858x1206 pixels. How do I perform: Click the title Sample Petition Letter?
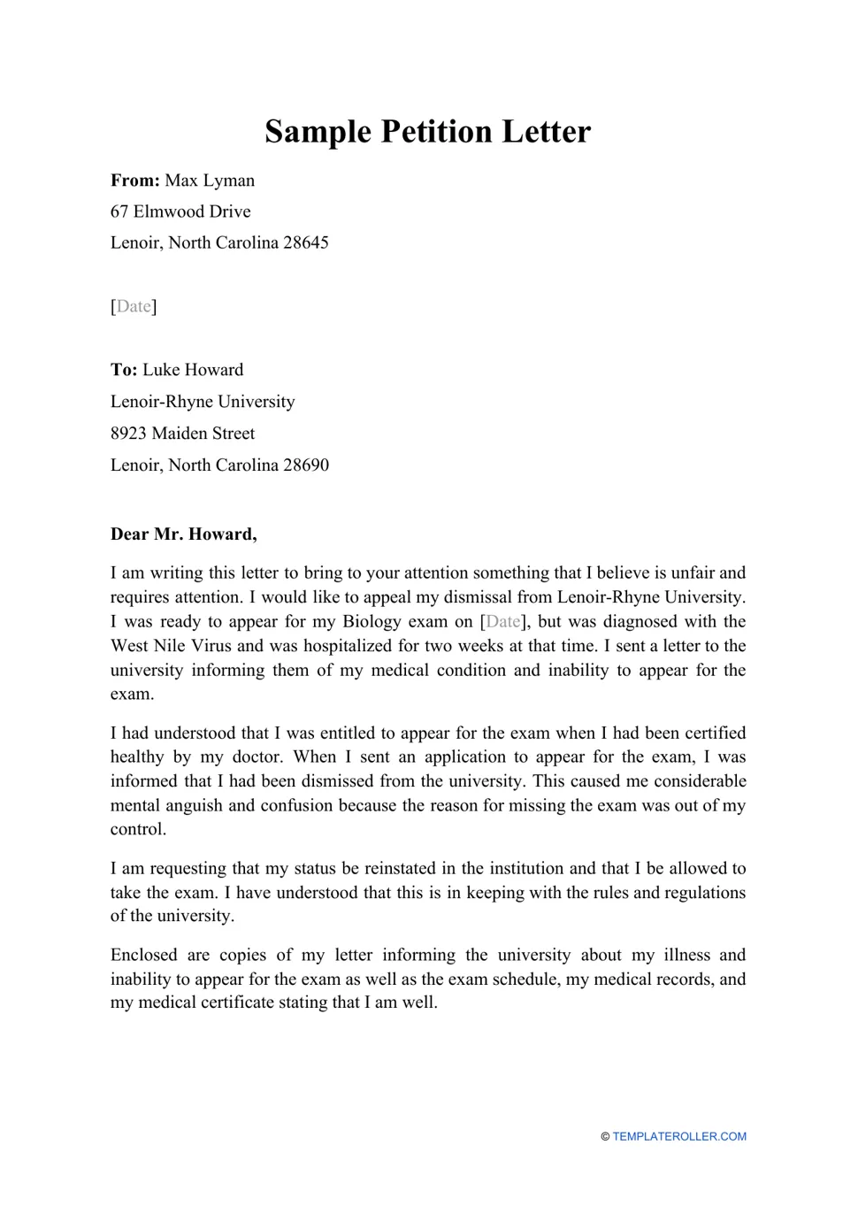click(x=427, y=131)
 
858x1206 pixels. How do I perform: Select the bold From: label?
click(x=134, y=181)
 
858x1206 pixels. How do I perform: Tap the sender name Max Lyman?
click(x=210, y=181)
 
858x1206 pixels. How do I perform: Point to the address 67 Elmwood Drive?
click(x=180, y=211)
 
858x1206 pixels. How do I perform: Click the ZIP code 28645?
click(x=305, y=242)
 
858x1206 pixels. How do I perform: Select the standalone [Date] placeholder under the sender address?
click(x=134, y=306)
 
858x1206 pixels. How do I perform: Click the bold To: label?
click(x=124, y=370)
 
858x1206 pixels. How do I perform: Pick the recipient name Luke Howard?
click(x=193, y=370)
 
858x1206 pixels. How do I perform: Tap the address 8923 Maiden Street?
click(x=182, y=434)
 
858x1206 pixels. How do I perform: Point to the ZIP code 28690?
click(x=305, y=465)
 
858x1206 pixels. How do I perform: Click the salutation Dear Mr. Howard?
click(x=183, y=534)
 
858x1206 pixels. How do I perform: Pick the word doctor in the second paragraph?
click(x=257, y=757)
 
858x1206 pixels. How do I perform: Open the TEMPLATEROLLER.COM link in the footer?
click(x=678, y=1137)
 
